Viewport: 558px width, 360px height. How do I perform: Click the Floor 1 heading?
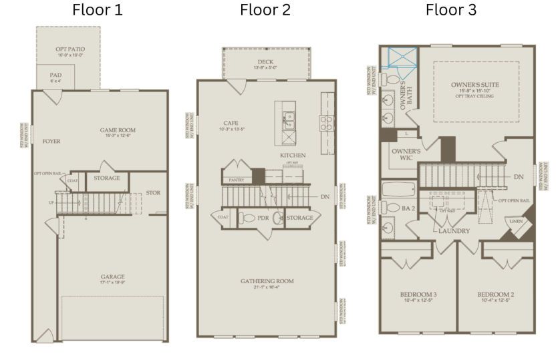[98, 11]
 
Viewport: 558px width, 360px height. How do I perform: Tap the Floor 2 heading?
[266, 11]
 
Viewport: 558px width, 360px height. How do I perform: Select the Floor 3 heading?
[451, 11]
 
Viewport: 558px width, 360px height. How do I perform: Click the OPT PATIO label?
[69, 50]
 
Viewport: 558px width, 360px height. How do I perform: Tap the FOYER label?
[51, 142]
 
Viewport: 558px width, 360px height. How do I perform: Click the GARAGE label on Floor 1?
[113, 277]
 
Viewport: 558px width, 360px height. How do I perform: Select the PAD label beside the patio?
[55, 75]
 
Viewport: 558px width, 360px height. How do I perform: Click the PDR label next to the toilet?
[264, 218]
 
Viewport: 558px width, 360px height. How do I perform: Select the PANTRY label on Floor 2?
[235, 180]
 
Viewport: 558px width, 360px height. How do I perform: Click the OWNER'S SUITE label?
[475, 85]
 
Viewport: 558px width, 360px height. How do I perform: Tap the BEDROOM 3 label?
[418, 294]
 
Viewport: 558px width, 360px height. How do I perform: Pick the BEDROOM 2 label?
[495, 294]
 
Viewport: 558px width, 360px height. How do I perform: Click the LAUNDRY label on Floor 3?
[453, 231]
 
